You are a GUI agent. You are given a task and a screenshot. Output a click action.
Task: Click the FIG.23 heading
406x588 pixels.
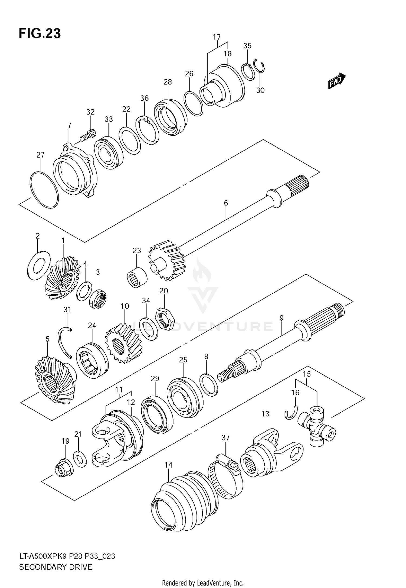coord(40,34)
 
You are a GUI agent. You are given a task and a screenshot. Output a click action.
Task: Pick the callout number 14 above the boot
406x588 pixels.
coord(168,465)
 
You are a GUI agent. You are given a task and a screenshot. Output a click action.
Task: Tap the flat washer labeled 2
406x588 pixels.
coord(39,262)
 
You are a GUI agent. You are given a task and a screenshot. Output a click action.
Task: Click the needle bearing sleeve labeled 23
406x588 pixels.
coord(137,277)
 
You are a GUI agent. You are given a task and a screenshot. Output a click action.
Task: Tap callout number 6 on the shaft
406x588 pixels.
coord(226,203)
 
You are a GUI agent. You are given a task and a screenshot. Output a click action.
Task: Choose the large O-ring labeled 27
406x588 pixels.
coord(44,190)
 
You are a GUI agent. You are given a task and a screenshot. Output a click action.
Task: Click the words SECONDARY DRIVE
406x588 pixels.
coord(55,567)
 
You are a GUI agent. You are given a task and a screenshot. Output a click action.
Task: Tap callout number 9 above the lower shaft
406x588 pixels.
coord(281,318)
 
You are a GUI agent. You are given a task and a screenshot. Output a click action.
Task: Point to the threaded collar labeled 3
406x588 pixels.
coord(98,299)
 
